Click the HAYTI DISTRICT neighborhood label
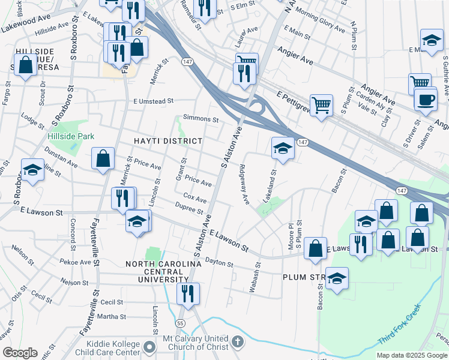coord(168,140)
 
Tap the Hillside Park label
coord(71,136)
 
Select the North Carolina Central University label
coord(163,272)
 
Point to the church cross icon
coord(238,343)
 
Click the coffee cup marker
coord(426,98)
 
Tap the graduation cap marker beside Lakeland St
coord(282,148)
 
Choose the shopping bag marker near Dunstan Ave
coord(103,159)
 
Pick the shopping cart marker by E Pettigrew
coord(322,105)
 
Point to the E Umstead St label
coord(154,101)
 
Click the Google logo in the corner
coord(20,353)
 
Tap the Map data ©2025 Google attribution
coord(412,355)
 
